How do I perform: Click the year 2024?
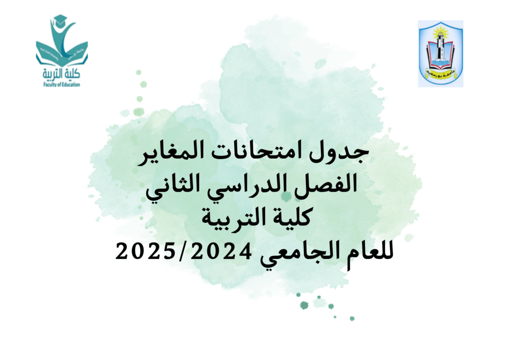(x=221, y=251)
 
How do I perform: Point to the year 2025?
(x=145, y=251)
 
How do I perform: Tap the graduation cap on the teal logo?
(x=60, y=21)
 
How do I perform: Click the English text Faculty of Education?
(x=62, y=85)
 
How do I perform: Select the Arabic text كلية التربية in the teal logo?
(x=62, y=74)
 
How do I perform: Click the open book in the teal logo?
(x=62, y=55)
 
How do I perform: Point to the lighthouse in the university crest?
(x=440, y=49)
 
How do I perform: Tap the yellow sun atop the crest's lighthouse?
(x=441, y=31)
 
